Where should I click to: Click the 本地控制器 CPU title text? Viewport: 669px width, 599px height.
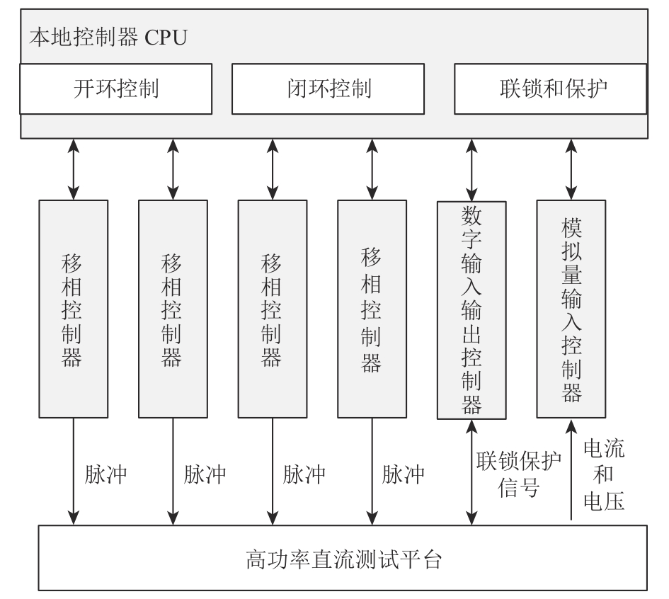pos(108,37)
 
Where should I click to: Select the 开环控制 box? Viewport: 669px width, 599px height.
pos(116,89)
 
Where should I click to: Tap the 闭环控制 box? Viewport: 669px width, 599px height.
pos(328,89)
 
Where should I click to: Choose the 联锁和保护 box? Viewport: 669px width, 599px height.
pos(550,89)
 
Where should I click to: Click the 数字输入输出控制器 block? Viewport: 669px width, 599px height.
pos(471,310)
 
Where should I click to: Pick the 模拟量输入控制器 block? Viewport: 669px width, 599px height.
pos(571,309)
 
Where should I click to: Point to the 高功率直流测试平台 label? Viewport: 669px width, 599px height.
pos(343,559)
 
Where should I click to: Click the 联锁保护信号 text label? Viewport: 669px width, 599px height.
pos(518,474)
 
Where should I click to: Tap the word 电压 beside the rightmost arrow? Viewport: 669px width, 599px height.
pos(604,501)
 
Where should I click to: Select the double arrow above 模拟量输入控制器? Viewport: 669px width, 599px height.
pos(571,169)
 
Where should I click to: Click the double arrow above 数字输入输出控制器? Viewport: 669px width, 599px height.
pos(471,170)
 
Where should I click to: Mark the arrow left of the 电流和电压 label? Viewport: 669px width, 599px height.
pos(571,470)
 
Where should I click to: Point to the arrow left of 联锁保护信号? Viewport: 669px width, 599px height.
pos(471,472)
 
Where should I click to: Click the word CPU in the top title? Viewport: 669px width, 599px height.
pos(166,38)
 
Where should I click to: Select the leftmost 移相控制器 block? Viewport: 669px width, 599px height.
pos(74,309)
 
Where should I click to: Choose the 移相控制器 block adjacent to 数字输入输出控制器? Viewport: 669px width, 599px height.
pos(372,309)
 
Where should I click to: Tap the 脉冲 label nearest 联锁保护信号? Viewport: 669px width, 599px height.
pos(403,474)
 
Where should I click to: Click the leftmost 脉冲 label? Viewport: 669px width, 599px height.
pos(105,474)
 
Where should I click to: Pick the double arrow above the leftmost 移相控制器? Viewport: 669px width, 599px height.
pos(74,169)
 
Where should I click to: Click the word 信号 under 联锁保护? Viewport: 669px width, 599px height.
pos(518,487)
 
